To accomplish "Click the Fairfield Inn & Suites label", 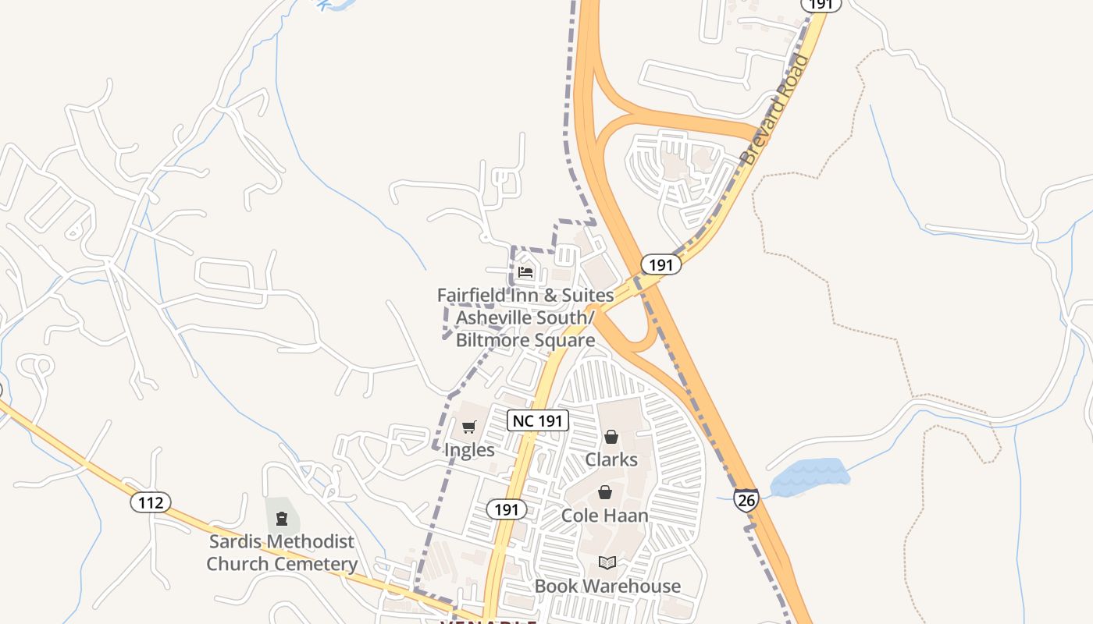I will tap(525, 296).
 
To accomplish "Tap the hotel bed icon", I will tap(525, 272).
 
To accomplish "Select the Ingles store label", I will tap(469, 450).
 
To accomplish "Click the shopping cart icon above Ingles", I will tap(468, 427).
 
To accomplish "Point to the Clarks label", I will tap(611, 459).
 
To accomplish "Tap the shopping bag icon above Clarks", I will tap(611, 437).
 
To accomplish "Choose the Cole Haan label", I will tap(605, 516).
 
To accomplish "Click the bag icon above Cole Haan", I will tap(605, 492).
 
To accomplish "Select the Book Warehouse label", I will tap(607, 586).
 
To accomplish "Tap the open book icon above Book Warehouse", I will tap(607, 562).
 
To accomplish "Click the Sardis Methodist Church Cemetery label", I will tap(282, 552).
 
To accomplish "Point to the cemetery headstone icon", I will tap(282, 519).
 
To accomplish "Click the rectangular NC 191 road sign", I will tap(538, 420).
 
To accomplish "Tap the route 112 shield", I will tap(151, 502).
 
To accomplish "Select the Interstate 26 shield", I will tap(746, 499).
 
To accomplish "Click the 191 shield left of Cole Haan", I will tap(507, 509).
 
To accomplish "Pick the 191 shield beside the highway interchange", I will tap(660, 264).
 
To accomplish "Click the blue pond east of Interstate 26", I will tap(810, 476).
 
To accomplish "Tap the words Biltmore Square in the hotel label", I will tap(525, 340).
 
